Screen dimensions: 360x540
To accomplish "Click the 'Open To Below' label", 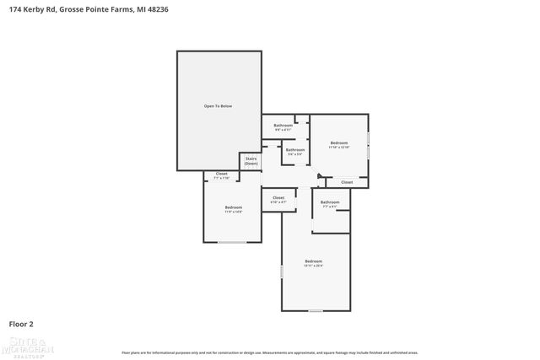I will click(x=217, y=106).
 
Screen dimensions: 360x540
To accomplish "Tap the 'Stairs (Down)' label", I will click(x=251, y=160).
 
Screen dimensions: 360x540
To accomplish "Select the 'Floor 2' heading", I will click(x=21, y=323).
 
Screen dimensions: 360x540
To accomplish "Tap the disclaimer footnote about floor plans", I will click(x=270, y=352).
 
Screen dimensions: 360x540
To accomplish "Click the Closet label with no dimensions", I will click(x=347, y=182).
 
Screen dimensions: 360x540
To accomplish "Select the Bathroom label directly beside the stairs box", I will click(x=294, y=150).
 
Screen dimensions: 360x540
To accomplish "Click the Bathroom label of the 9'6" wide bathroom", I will click(x=283, y=126).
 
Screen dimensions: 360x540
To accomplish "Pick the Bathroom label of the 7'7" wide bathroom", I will click(x=330, y=201).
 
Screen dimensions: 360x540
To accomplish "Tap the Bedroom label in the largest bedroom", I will click(x=313, y=261).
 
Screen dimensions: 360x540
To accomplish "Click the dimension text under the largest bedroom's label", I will click(x=313, y=266).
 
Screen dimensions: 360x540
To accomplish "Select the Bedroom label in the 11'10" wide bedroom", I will click(x=338, y=142).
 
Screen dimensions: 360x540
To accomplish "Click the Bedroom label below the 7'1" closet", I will click(x=233, y=207).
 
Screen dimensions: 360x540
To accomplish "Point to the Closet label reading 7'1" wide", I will click(x=221, y=174).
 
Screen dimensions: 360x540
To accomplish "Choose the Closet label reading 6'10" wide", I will click(x=278, y=197).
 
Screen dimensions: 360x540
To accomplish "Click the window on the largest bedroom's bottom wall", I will click(x=315, y=310).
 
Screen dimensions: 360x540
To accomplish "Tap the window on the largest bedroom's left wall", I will click(x=282, y=272).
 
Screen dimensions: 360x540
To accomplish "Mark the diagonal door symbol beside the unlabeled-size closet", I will click(x=320, y=176).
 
